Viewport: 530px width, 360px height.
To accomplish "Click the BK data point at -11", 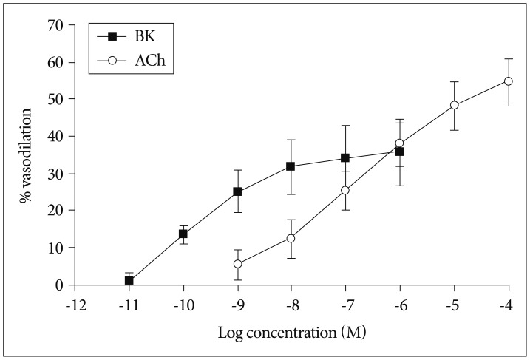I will (129, 281).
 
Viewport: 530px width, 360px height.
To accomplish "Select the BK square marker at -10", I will (183, 234).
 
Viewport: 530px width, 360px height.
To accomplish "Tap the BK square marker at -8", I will (291, 166).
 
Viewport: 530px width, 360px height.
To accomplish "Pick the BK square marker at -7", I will (345, 158).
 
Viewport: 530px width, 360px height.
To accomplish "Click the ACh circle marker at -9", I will (237, 264).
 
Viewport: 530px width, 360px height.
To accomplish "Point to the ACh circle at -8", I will (291, 238).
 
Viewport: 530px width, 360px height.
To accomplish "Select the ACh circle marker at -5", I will (454, 105).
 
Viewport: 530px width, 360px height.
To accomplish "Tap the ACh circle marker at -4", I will (509, 81).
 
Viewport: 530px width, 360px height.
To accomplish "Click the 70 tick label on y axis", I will (56, 25).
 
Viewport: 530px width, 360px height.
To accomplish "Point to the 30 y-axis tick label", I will (56, 174).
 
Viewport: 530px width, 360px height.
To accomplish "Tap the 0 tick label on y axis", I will (60, 285).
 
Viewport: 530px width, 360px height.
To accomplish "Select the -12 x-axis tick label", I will (75, 304).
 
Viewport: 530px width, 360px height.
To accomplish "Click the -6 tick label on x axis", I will (400, 304).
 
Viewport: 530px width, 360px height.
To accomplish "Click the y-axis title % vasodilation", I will (27, 154).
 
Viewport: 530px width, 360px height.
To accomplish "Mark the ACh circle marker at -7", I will (345, 191).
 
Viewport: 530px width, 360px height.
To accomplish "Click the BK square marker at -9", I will (237, 191).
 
